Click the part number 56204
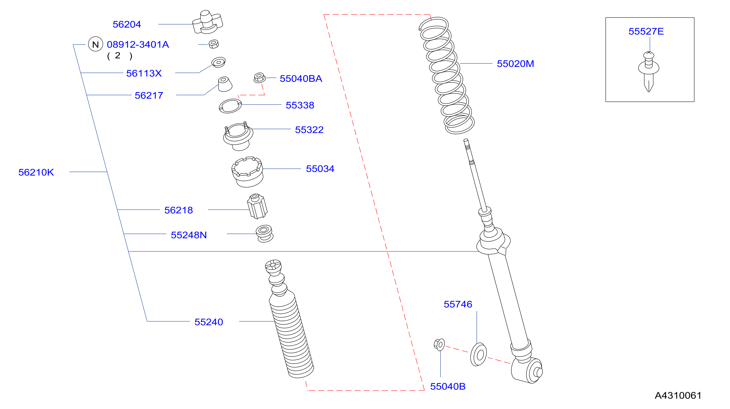(x=127, y=25)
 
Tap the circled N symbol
(x=96, y=44)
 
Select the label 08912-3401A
(x=138, y=45)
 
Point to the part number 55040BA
(x=301, y=79)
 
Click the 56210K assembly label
(x=36, y=172)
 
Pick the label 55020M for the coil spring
(x=515, y=64)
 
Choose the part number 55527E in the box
(x=646, y=31)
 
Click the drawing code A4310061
(x=678, y=395)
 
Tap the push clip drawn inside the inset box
(x=648, y=71)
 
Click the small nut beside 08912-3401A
(x=214, y=44)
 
